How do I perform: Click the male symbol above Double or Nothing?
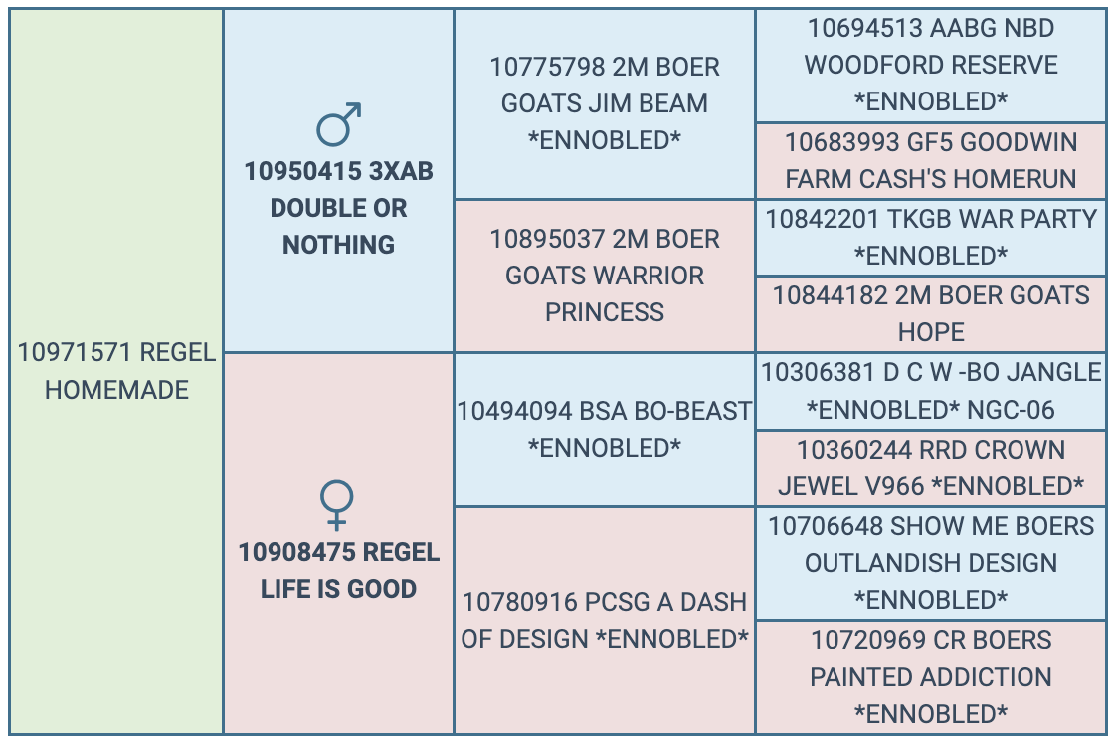pos(335,128)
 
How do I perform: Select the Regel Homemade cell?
pos(116,371)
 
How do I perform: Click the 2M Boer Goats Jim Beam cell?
pos(604,103)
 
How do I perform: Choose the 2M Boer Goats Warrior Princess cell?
pos(604,276)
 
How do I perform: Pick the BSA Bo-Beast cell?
pos(604,430)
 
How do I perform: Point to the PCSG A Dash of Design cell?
pos(604,621)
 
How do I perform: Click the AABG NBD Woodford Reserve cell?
pos(931,66)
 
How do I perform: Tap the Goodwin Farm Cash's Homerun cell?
pos(931,160)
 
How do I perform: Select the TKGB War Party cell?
pos(931,238)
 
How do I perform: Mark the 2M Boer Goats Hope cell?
pos(931,314)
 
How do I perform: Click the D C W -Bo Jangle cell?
pos(931,391)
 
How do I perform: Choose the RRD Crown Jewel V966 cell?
pos(931,467)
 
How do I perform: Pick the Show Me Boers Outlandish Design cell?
pos(931,563)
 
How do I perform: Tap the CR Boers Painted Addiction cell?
pos(931,677)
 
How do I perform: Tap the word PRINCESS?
pos(605,312)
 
